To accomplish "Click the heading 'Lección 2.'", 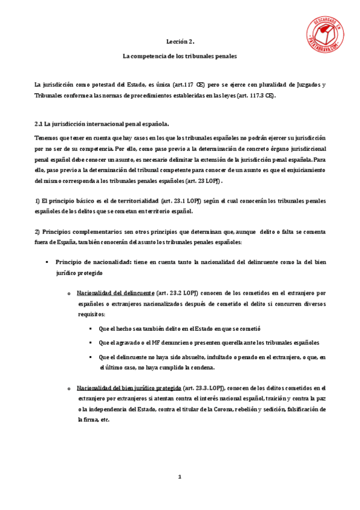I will coord(180,42).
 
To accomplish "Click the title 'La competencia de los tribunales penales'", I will coord(180,56).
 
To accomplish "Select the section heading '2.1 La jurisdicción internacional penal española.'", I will coord(102,124).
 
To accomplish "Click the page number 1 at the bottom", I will coord(179,477).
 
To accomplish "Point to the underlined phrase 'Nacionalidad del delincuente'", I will coord(115,293).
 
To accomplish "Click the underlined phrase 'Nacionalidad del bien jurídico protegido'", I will coord(129,388).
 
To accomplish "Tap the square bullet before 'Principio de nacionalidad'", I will coord(47,263).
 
